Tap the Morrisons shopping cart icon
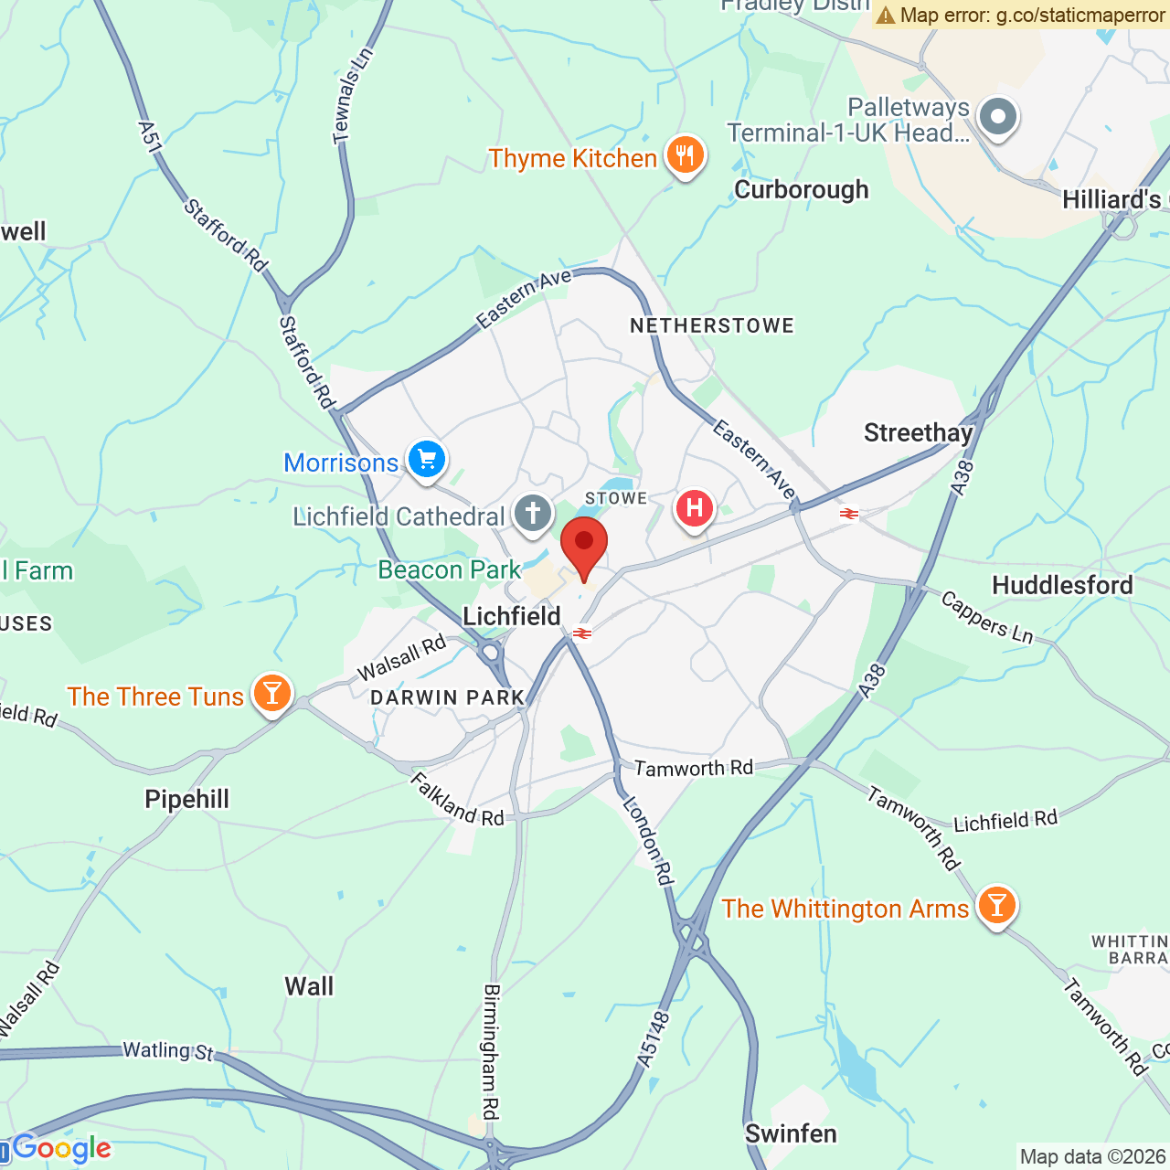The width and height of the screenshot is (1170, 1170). pyautogui.click(x=427, y=460)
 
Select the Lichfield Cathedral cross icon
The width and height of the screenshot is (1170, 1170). pyautogui.click(x=533, y=514)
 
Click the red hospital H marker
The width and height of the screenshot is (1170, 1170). pyautogui.click(x=695, y=508)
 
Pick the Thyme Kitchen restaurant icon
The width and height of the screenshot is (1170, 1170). pyautogui.click(x=685, y=155)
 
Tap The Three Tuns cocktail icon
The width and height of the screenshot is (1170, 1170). pyautogui.click(x=271, y=694)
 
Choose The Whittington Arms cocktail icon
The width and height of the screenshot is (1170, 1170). pyautogui.click(x=996, y=906)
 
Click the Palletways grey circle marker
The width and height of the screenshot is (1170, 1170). pyautogui.click(x=997, y=117)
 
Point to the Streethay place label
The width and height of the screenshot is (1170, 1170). pyautogui.click(x=918, y=432)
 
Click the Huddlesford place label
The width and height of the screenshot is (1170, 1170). pyautogui.click(x=1062, y=585)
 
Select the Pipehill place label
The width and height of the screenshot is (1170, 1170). pyautogui.click(x=187, y=799)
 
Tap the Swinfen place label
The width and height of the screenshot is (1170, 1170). pyautogui.click(x=791, y=1133)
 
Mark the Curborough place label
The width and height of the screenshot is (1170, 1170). pyautogui.click(x=802, y=190)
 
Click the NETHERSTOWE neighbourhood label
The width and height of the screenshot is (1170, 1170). pyautogui.click(x=712, y=325)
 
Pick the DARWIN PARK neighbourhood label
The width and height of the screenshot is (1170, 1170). pyautogui.click(x=447, y=697)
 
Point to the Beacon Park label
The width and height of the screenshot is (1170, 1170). pyautogui.click(x=449, y=569)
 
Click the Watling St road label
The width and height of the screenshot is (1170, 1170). pyautogui.click(x=168, y=1051)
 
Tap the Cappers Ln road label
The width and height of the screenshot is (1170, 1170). pyautogui.click(x=987, y=617)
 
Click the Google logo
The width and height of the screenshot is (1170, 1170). pyautogui.click(x=62, y=1148)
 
